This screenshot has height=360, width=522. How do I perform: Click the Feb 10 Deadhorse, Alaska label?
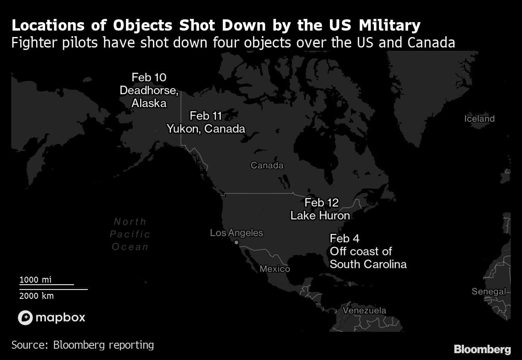149,90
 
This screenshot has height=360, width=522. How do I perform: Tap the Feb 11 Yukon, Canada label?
206,122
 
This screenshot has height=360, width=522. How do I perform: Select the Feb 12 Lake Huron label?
320,209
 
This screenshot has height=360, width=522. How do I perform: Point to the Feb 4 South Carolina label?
368,251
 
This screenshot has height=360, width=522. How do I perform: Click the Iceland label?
479,119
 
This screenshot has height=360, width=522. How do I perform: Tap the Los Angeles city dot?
236,242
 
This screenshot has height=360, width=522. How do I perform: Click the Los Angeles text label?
236,233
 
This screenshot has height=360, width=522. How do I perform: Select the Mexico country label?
275,269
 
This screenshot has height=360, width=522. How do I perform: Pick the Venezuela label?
365,310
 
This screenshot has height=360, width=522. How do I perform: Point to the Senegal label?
489,292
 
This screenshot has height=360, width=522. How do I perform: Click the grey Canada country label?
267,165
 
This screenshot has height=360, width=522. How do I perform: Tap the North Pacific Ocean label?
130,234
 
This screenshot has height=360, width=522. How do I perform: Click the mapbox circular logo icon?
25,318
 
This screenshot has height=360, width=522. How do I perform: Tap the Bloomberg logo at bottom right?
482,349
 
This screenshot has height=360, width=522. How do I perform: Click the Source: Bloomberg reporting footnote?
83,345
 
